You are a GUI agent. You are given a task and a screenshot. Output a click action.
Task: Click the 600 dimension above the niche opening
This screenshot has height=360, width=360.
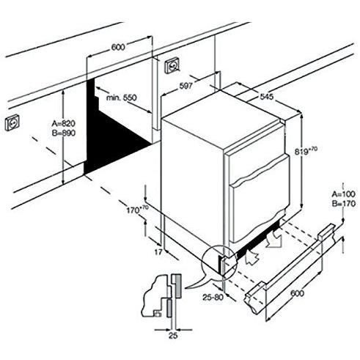[118, 48]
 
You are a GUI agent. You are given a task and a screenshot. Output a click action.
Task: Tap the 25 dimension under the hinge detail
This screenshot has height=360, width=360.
[172, 337]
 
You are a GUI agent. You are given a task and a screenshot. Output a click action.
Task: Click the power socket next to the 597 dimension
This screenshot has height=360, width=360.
[174, 65]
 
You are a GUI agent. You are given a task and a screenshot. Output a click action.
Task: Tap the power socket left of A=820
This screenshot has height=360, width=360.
[12, 122]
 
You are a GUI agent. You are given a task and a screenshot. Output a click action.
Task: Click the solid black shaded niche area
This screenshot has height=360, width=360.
[110, 139]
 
